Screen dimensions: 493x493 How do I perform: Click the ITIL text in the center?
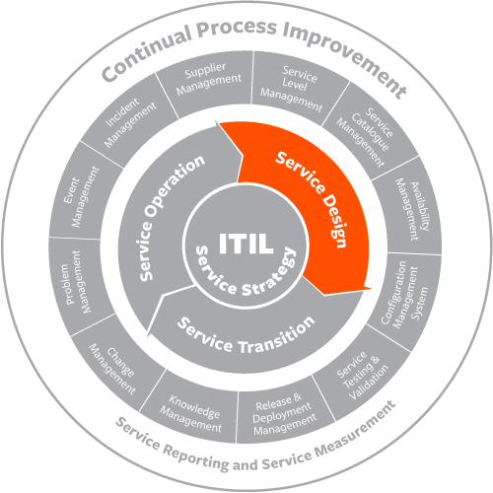tap(246, 243)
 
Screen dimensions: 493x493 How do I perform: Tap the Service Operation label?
tap(171, 217)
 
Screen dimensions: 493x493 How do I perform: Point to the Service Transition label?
tap(246, 335)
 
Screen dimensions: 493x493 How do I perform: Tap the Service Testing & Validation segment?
tap(361, 374)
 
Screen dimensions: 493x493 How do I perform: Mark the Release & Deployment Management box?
tap(285, 413)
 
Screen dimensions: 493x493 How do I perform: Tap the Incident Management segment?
tap(129, 122)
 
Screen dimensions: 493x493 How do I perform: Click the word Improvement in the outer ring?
tap(344, 56)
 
